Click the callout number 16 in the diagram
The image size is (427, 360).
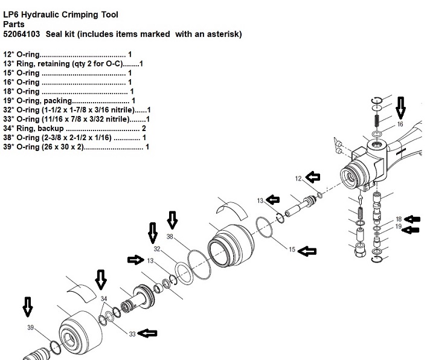pyautogui.click(x=400, y=124)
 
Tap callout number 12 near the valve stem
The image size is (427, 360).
pyautogui.click(x=298, y=179)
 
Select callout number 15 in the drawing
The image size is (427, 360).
pyautogui.click(x=292, y=249)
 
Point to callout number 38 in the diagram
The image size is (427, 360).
pyautogui.click(x=170, y=237)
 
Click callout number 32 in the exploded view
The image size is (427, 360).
pyautogui.click(x=157, y=249)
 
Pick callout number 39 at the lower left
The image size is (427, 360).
pyautogui.click(x=30, y=327)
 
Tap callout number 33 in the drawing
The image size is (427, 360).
pyautogui.click(x=132, y=334)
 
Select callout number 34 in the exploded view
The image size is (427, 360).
pyautogui.click(x=104, y=299)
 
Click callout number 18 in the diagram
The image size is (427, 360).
pyautogui.click(x=399, y=219)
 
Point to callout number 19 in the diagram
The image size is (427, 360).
pyautogui.click(x=399, y=227)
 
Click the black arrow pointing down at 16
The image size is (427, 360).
pyautogui.click(x=400, y=108)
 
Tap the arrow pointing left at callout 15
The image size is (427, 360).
pyautogui.click(x=307, y=251)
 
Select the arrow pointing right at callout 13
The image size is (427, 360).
pyautogui.click(x=136, y=260)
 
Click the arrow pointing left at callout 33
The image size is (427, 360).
pyautogui.click(x=147, y=333)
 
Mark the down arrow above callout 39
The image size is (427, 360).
pyautogui.click(x=28, y=307)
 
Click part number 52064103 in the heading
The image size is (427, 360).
pyautogui.click(x=22, y=34)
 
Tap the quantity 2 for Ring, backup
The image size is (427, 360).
pyautogui.click(x=144, y=128)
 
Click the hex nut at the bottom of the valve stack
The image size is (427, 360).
pyautogui.click(x=361, y=251)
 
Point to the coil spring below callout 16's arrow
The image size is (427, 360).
pyautogui.click(x=377, y=120)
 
